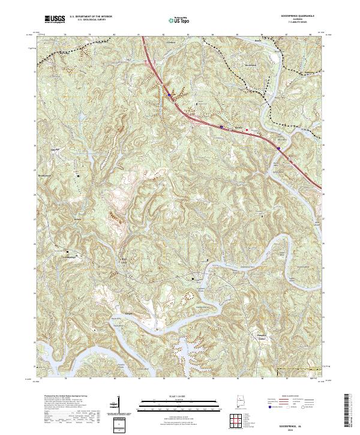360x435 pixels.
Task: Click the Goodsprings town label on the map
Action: (68, 255)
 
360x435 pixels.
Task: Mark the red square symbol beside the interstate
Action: (246, 128)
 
